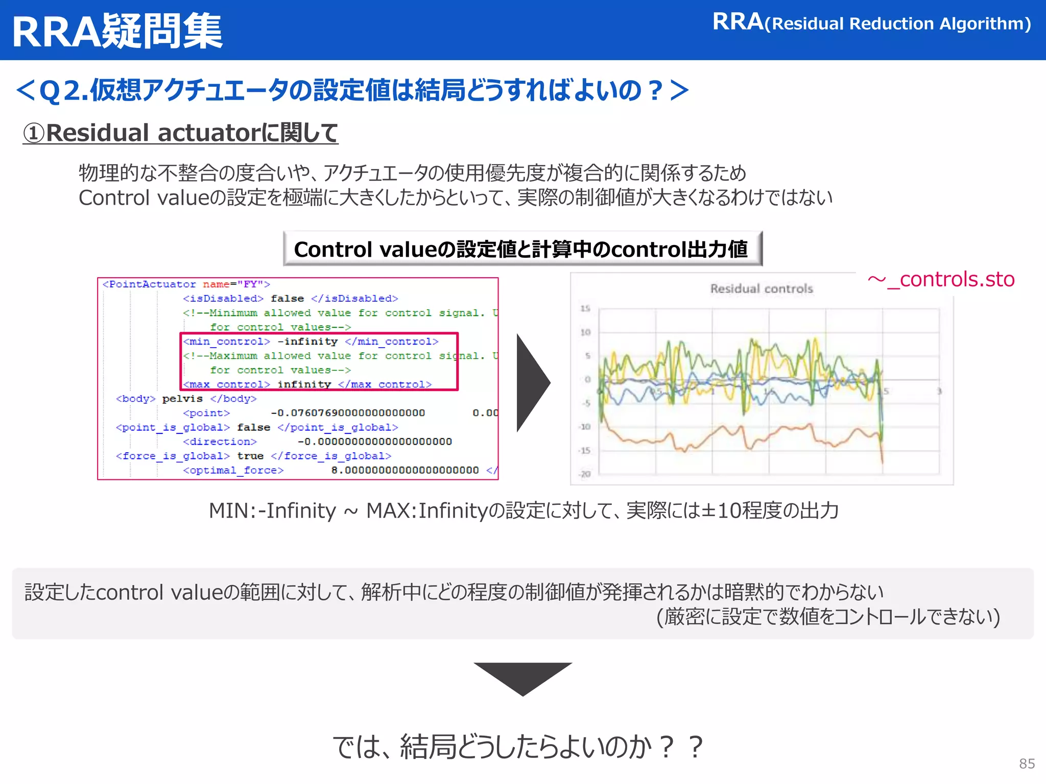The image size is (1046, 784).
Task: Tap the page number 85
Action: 1027,764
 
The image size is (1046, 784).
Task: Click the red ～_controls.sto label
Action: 941,280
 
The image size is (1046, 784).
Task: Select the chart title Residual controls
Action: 761,289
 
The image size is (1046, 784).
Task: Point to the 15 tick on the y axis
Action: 585,308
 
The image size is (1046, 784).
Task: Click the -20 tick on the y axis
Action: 585,474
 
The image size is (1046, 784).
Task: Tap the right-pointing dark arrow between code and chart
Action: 532,383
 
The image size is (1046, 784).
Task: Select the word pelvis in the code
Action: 182,399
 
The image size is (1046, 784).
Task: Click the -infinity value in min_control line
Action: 307,341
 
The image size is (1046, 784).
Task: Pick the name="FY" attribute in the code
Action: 236,284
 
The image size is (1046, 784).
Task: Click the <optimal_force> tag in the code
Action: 233,470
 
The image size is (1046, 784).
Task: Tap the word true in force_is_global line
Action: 250,456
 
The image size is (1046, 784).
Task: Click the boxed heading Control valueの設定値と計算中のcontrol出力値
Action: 522,249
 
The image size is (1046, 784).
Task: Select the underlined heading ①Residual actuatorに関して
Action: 180,133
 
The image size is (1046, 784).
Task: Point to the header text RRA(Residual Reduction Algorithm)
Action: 871,23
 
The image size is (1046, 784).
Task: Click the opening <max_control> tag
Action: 226,384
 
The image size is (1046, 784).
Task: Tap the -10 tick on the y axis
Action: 585,427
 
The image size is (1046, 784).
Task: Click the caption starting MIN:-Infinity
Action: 523,510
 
